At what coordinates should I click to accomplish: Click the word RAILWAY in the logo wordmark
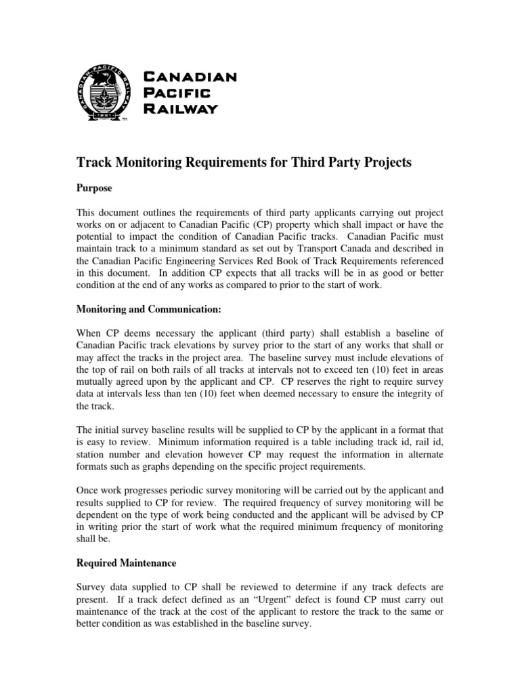(181, 109)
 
